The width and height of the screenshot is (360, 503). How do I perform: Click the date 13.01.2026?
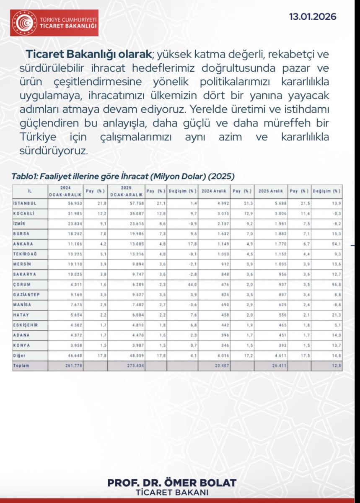[x=313, y=17]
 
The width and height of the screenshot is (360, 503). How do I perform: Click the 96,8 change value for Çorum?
[x=334, y=284]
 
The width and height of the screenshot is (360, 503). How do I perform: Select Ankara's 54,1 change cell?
[x=334, y=244]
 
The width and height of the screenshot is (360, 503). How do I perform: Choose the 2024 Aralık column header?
[x=214, y=191]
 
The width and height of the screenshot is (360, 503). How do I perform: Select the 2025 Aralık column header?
[x=271, y=191]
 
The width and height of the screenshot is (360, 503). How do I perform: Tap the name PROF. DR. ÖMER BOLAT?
[x=172, y=482]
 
